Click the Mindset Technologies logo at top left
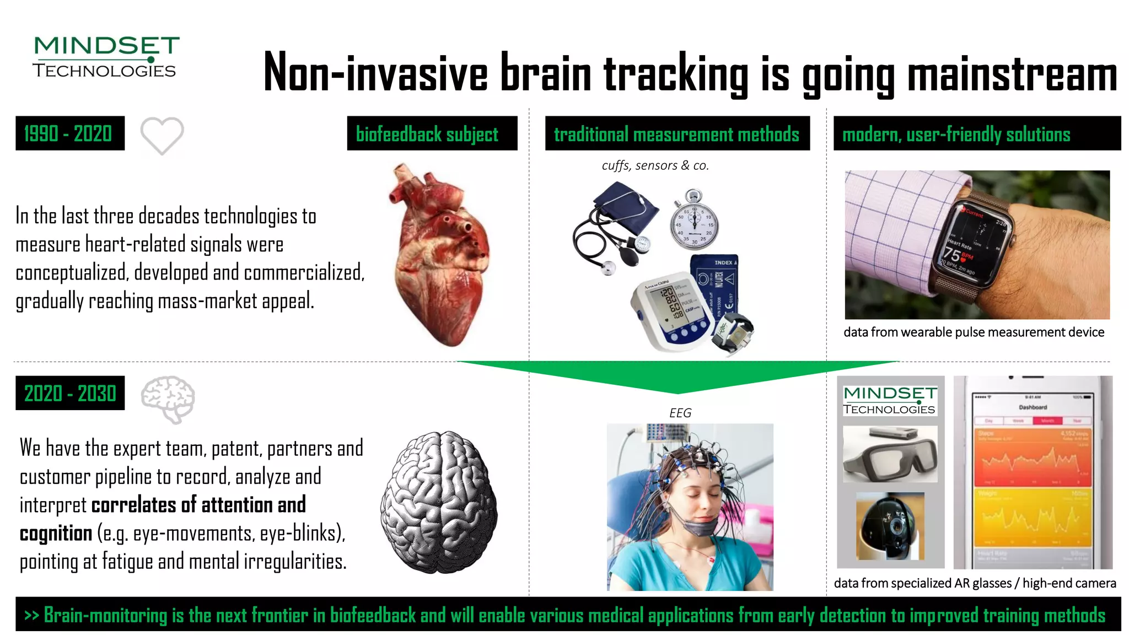point(106,57)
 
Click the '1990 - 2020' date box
point(70,133)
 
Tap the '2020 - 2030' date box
point(70,393)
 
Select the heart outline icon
point(162,135)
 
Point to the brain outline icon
point(168,399)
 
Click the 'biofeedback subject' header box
point(432,133)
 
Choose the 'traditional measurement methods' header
point(677,133)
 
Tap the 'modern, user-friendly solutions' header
point(976,133)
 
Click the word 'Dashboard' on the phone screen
point(1033,407)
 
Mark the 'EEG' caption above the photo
point(680,413)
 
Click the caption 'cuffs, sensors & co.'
point(655,165)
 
